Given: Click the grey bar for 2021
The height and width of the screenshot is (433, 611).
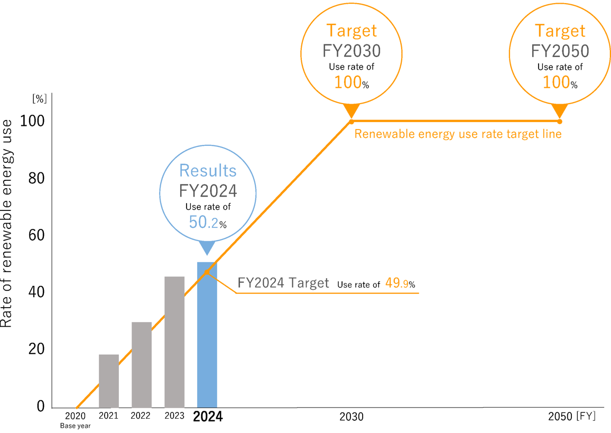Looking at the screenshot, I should tap(109, 381).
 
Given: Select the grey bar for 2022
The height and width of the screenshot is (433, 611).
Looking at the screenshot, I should tap(142, 365).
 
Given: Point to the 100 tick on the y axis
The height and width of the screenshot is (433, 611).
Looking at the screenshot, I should tap(32, 121).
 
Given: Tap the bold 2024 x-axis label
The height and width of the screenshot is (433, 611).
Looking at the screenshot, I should tap(208, 417).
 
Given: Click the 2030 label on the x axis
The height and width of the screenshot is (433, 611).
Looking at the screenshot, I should tap(351, 417).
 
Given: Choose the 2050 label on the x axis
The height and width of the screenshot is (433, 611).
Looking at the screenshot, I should tap(560, 416).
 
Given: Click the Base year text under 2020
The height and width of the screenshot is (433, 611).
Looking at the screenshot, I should tap(75, 426).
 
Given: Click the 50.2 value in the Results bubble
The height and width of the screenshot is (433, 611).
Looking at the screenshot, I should tap(203, 223).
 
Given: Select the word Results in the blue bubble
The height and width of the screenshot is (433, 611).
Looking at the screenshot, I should tap(208, 170).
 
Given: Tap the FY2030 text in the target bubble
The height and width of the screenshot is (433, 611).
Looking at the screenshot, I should tap(351, 51).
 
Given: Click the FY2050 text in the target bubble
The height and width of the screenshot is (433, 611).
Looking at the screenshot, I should tap(560, 51).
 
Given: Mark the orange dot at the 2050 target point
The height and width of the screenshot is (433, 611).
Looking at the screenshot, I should tap(560, 121).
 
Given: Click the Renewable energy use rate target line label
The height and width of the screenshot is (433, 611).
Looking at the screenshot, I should tap(458, 134).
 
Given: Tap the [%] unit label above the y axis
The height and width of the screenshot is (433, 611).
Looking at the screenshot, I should tap(40, 98).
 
